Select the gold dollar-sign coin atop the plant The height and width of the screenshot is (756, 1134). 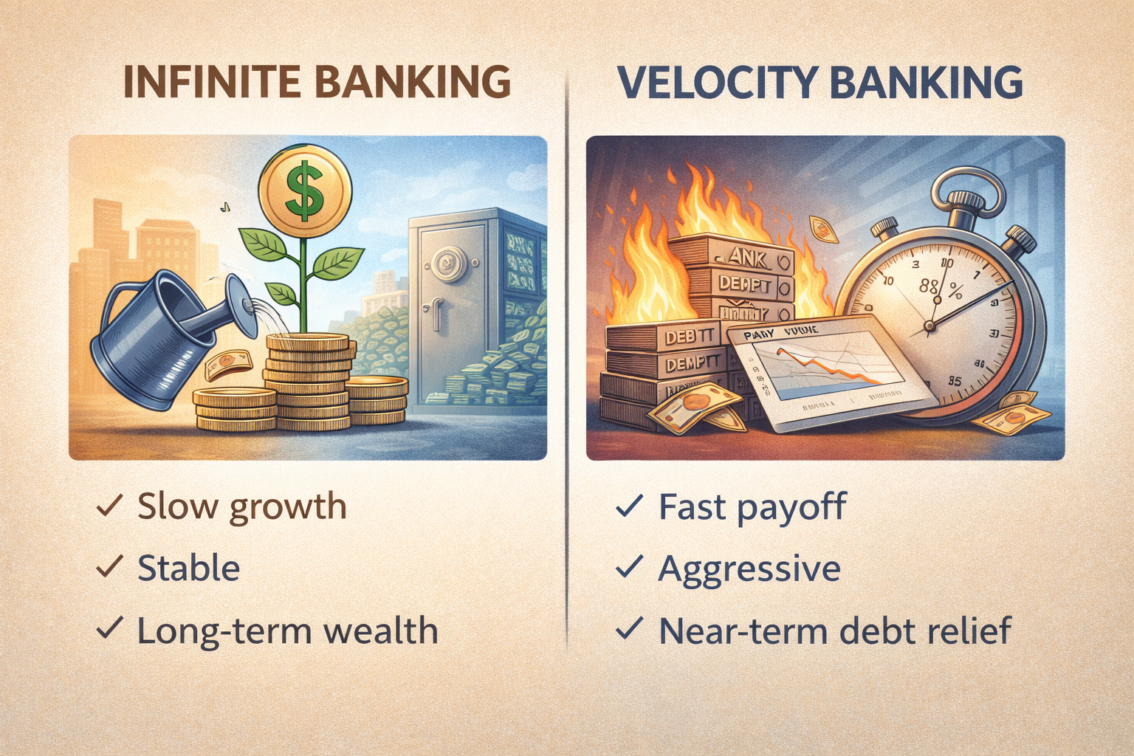306,188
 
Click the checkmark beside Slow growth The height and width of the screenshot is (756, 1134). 109,506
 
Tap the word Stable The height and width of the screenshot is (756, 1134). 189,568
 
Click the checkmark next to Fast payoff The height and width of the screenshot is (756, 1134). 629,506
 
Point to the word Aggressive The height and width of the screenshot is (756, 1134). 749,568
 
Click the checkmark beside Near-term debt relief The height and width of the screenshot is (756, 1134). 629,630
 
